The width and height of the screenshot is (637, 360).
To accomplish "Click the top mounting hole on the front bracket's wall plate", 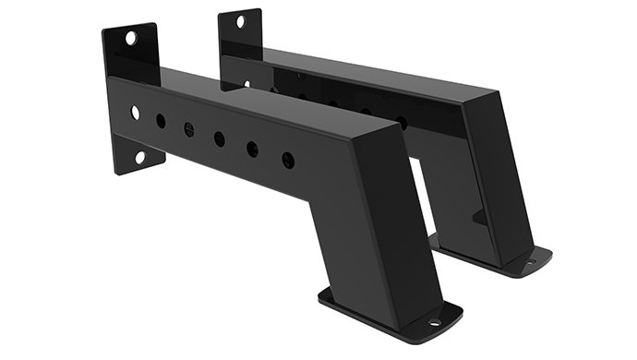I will coord(131,38).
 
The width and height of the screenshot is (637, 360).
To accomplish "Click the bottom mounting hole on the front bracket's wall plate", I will coord(139,157).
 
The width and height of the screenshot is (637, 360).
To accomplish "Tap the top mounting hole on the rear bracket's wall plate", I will coord(241,21).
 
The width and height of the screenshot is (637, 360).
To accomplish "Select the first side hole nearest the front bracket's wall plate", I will coord(136,112).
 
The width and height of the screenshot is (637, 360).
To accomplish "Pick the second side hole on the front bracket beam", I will coord(161,120).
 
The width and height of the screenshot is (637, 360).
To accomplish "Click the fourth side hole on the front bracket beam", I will coord(219,138).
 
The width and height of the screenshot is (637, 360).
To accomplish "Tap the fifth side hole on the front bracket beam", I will coord(252,149).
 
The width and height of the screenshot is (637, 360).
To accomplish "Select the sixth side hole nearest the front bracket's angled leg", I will coord(288,159).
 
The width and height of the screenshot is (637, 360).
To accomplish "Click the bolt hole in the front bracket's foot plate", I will coord(434,323).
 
